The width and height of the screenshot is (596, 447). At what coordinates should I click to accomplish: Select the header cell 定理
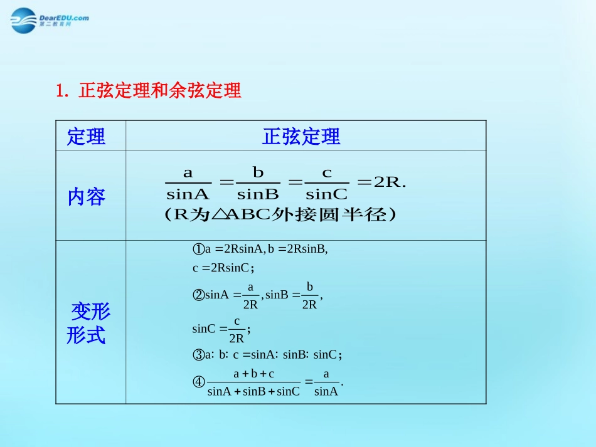[x=87, y=137]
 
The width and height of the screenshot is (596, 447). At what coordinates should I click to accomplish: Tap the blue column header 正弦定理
[x=301, y=137]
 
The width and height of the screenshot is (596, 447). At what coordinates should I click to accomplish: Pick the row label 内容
[x=87, y=197]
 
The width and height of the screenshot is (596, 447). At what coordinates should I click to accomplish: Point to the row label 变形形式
[x=88, y=323]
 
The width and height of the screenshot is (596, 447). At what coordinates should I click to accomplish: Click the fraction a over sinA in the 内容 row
[x=188, y=183]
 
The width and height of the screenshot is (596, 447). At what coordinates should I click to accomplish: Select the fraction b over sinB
[x=258, y=183]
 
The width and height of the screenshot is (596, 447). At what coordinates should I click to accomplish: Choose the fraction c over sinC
[x=327, y=183]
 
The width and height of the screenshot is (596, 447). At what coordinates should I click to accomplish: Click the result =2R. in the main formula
[x=382, y=182]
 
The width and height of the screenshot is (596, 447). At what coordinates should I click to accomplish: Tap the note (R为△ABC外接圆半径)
[x=280, y=214]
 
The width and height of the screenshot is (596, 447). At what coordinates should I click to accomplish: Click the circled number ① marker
[x=198, y=249]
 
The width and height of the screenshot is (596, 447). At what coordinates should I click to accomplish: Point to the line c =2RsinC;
[x=223, y=268]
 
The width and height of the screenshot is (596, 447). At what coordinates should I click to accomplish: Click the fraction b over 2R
[x=309, y=295]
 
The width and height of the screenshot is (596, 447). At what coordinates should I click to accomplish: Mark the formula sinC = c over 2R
[x=221, y=329]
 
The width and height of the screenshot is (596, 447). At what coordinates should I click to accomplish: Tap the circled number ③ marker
[x=198, y=355]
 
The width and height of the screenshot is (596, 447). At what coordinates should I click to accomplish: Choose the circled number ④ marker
[x=198, y=381]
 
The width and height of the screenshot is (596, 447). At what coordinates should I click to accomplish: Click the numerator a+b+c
[x=253, y=374]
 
